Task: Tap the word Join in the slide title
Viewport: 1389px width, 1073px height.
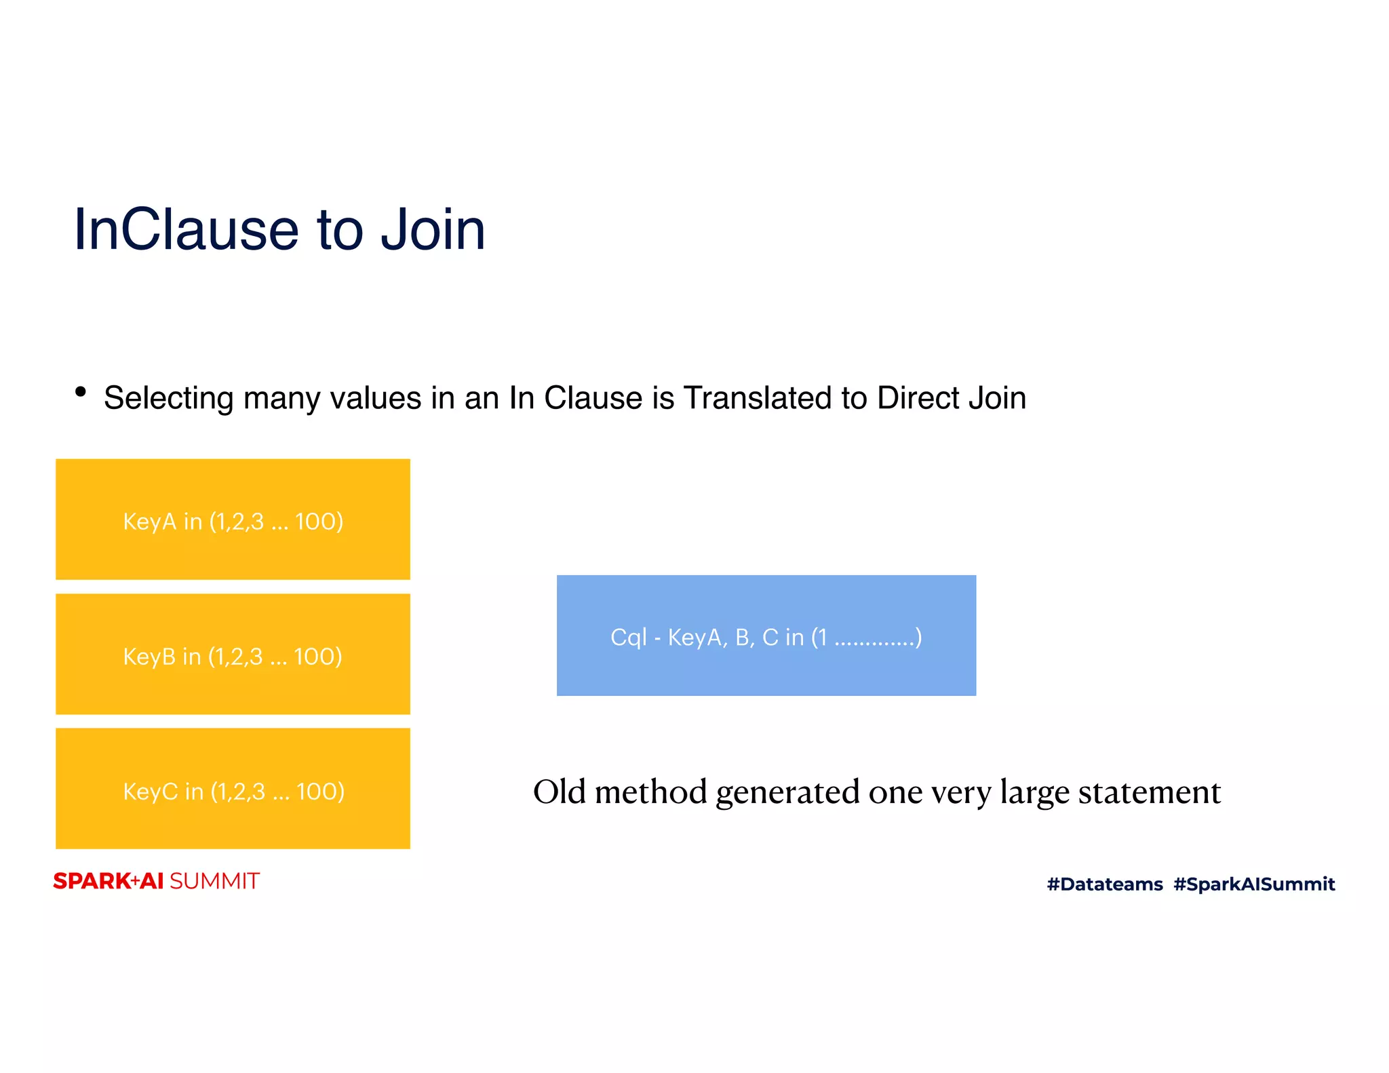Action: (432, 229)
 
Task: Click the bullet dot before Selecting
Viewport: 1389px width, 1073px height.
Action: (81, 391)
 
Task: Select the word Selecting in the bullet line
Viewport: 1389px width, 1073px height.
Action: (168, 398)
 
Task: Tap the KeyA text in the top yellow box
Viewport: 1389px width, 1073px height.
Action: (149, 522)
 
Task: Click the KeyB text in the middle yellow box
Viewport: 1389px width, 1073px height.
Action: (149, 657)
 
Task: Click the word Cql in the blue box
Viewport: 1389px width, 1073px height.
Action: (628, 638)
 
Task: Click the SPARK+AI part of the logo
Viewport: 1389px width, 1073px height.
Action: (109, 881)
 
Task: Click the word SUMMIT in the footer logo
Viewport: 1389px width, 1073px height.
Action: (214, 881)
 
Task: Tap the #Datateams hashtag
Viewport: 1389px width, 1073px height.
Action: (1104, 884)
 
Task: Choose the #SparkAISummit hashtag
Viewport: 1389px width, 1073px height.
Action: (1254, 884)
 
